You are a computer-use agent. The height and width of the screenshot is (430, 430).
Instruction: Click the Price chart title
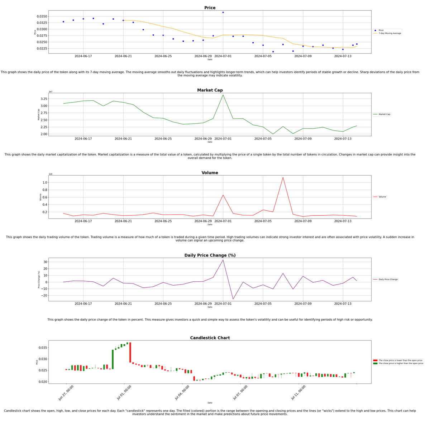point(210,8)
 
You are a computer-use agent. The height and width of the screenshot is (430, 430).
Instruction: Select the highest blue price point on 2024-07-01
point(223,13)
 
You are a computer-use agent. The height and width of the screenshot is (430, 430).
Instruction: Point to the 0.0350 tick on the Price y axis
point(42,16)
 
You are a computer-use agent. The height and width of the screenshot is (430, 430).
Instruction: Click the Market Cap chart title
point(210,90)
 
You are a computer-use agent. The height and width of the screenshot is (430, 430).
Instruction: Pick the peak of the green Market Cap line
point(223,95)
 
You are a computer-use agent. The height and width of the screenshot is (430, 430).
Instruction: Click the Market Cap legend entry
point(384,114)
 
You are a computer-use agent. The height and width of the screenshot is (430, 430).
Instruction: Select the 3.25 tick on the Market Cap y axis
point(43,99)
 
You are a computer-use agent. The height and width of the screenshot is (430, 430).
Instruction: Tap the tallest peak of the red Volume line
point(283,177)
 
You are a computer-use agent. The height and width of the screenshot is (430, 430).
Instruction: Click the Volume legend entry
point(382,197)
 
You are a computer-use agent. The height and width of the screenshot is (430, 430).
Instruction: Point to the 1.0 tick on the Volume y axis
point(45,183)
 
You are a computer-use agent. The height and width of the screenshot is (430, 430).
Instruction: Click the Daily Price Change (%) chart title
point(210,255)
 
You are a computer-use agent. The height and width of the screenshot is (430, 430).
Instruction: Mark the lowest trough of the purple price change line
point(233,299)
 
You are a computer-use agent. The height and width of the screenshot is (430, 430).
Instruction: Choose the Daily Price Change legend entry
point(388,279)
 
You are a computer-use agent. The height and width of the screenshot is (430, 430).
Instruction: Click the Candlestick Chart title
point(210,338)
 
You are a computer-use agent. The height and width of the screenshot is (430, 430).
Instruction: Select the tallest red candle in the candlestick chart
point(130,352)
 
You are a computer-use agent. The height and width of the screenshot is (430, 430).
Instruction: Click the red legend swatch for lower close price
point(375,360)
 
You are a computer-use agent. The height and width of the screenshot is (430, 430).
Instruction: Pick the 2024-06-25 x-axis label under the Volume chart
point(163,221)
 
